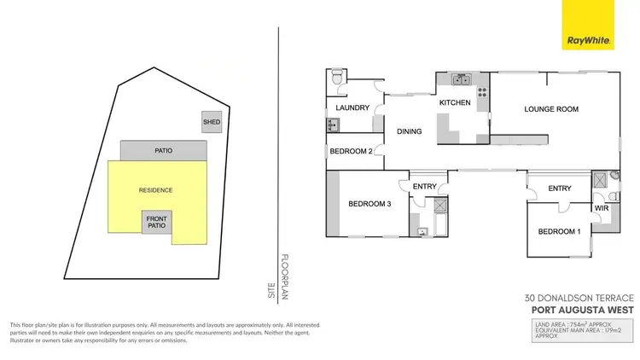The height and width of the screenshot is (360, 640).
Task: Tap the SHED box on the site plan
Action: click(x=212, y=122)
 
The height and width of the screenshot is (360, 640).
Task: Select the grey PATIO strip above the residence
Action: click(x=163, y=151)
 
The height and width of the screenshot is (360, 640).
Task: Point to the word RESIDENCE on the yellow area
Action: click(x=156, y=189)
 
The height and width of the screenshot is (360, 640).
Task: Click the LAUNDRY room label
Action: click(x=352, y=108)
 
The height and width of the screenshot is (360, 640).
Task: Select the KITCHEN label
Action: click(x=455, y=103)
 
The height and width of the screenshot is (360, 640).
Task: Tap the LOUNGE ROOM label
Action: click(x=551, y=109)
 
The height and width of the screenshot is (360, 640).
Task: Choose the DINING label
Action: click(x=410, y=131)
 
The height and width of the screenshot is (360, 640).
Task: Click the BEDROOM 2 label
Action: click(x=352, y=152)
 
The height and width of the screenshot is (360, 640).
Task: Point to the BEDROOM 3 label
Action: click(x=369, y=204)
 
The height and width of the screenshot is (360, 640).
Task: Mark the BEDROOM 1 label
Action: click(x=559, y=232)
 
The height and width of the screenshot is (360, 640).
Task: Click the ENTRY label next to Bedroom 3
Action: click(x=424, y=187)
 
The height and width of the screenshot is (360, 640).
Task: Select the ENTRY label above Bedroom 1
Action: click(x=560, y=189)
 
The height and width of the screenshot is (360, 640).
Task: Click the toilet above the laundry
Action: click(x=339, y=79)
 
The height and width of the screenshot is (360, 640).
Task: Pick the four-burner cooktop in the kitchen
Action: click(x=482, y=93)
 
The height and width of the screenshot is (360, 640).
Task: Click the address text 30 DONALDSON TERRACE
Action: click(x=577, y=299)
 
